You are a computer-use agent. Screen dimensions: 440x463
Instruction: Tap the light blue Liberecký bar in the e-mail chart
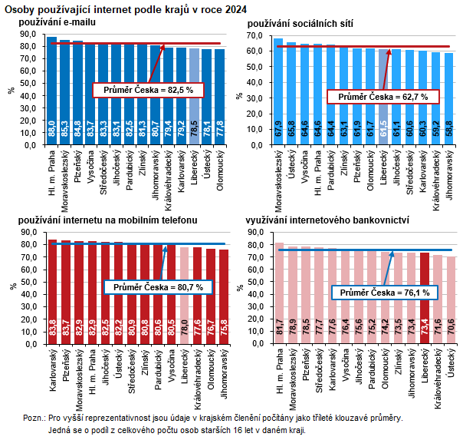(194, 96)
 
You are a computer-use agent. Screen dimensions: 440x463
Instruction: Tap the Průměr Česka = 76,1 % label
(385, 293)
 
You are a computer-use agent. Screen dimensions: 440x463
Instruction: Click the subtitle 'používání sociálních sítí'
(299, 25)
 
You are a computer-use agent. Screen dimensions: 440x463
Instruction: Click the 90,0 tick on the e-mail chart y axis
(28, 33)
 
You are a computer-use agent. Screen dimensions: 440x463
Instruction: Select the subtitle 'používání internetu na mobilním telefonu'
(108, 220)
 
